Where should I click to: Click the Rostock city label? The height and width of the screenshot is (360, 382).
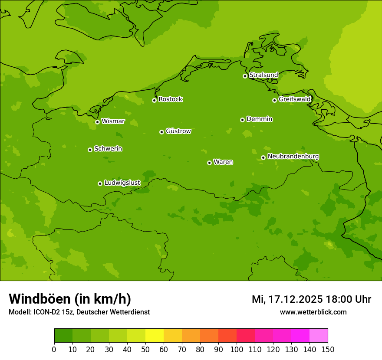[x=170, y=99]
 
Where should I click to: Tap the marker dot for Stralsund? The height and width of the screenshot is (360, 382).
[x=245, y=76]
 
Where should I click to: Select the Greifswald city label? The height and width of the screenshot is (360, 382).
[x=294, y=99]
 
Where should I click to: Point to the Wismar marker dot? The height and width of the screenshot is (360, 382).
[x=97, y=122]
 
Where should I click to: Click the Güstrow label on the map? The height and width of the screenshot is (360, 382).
[x=178, y=131]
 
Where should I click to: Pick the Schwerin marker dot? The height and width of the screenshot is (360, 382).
[x=90, y=150]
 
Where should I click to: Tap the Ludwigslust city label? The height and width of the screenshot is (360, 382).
[x=122, y=183]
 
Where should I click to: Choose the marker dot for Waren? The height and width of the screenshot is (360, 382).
[x=209, y=163]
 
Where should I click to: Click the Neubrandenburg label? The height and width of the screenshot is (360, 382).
[x=293, y=157]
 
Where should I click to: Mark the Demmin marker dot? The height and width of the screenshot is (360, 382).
[x=242, y=120]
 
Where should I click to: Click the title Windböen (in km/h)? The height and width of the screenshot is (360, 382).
[x=70, y=299]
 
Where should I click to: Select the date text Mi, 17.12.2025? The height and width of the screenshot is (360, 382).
[x=286, y=299]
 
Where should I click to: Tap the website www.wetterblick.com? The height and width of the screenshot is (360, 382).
[x=313, y=312]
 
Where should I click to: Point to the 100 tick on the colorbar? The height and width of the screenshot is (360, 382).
[x=237, y=349]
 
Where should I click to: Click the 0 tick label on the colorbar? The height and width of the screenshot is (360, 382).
[x=54, y=349]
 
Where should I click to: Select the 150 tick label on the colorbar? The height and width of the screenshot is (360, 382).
[x=328, y=349]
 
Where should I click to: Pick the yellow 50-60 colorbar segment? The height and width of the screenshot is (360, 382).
[x=155, y=336]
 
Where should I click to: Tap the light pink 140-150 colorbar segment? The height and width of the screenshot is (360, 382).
[x=319, y=336]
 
